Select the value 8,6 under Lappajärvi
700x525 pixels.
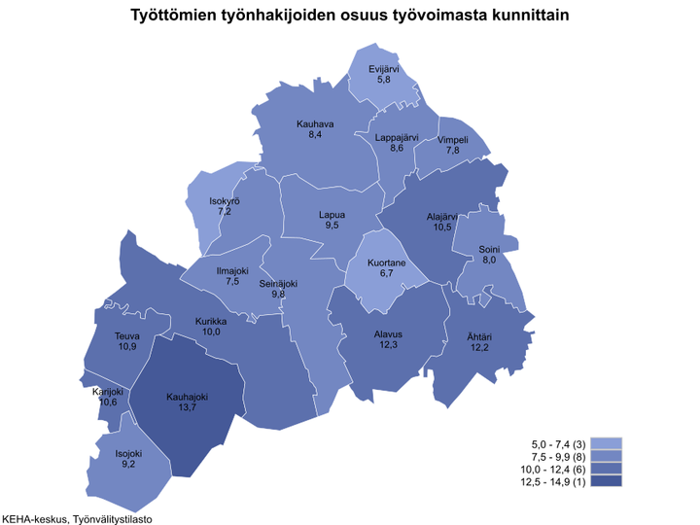[396, 149]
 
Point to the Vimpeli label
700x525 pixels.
[453, 140]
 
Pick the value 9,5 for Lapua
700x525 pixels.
[332, 226]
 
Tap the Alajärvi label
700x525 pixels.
[442, 217]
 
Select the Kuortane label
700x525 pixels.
[386, 262]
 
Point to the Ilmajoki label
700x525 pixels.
[232, 269]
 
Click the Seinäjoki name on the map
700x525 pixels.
[278, 283]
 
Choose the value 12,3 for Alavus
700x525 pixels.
[388, 345]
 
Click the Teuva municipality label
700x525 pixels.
[127, 335]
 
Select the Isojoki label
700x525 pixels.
[129, 453]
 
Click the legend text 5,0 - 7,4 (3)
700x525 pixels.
[554, 442]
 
